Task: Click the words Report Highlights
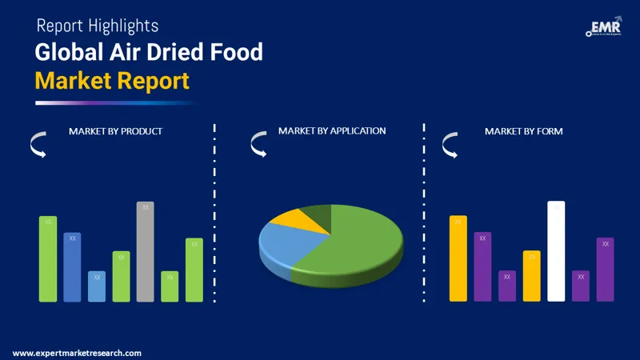tap(97, 26)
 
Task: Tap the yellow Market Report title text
tap(112, 80)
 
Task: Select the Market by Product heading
tap(115, 130)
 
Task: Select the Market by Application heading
tap(332, 130)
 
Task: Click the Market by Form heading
tap(523, 130)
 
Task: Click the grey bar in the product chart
tap(145, 252)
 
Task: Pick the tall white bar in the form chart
tap(556, 252)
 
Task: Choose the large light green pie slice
tap(360, 244)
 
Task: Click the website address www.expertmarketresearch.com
tap(77, 353)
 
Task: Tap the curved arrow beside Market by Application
tap(258, 144)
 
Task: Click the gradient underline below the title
tap(116, 102)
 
